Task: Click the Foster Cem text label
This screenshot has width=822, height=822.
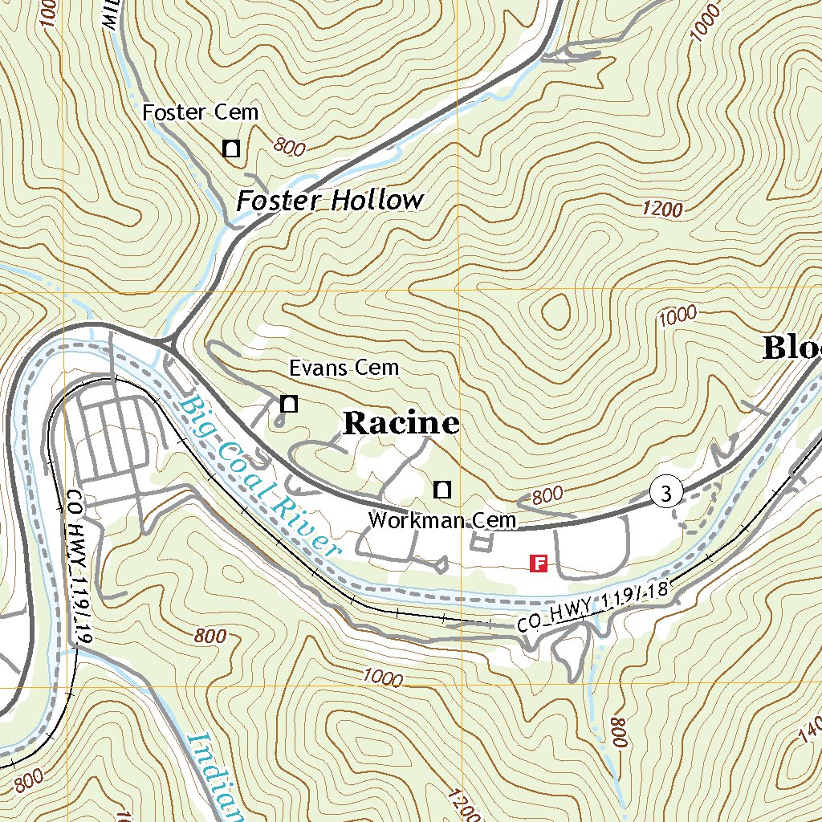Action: tap(201, 112)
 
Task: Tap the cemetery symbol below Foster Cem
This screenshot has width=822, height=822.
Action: tap(231, 148)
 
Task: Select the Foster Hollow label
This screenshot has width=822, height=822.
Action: tap(329, 201)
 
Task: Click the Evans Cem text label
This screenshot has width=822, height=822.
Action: tap(344, 368)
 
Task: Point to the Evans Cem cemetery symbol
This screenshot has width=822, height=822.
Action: tap(288, 404)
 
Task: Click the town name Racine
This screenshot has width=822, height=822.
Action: tap(401, 424)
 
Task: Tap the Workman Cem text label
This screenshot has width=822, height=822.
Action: tap(442, 521)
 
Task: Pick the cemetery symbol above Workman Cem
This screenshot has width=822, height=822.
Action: tap(442, 488)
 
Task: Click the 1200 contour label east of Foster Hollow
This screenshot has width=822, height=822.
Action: tap(662, 210)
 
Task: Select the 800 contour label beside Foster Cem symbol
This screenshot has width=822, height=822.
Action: tap(290, 146)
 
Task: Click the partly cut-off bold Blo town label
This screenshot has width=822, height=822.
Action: tap(791, 348)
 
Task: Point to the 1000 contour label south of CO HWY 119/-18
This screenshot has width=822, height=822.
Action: tap(382, 678)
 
